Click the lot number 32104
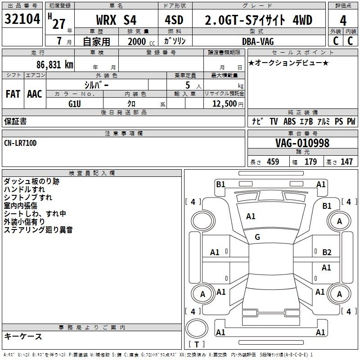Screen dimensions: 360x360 tap(22, 19)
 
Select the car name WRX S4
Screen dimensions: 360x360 tap(116, 20)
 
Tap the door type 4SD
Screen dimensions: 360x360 tap(174, 20)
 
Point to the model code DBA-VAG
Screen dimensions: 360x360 tap(258, 41)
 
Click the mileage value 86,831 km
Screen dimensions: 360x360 tap(55, 64)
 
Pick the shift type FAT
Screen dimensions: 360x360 tap(13, 94)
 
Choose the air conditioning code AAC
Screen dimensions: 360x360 tap(35, 94)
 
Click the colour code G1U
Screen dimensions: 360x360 tap(75, 104)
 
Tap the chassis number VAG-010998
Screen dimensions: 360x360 tap(302, 143)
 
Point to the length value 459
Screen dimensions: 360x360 tap(273, 162)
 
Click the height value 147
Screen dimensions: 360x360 tap(346, 162)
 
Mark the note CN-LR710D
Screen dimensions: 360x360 tap(20, 143)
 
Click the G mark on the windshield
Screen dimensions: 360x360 tap(257, 237)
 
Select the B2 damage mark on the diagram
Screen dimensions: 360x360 tap(327, 252)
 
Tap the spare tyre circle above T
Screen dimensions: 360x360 tap(197, 328)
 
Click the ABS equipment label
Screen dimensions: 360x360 tap(289, 121)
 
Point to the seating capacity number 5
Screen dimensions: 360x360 tap(188, 85)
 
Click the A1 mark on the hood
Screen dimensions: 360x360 tap(251, 216)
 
